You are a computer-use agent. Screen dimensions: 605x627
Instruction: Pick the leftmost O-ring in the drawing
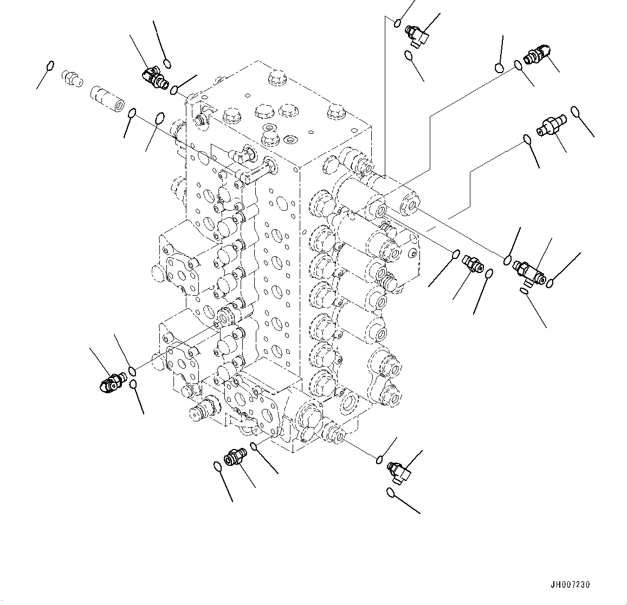(x=49, y=66)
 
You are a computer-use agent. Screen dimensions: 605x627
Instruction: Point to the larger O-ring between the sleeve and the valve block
(x=159, y=118)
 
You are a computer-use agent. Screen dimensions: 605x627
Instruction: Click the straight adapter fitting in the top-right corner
(x=538, y=55)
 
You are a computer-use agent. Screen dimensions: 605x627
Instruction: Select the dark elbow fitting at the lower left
(x=111, y=384)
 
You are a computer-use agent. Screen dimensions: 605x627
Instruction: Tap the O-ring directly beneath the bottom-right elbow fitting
(x=391, y=492)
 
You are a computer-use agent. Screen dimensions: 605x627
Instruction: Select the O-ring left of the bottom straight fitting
(x=217, y=466)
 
